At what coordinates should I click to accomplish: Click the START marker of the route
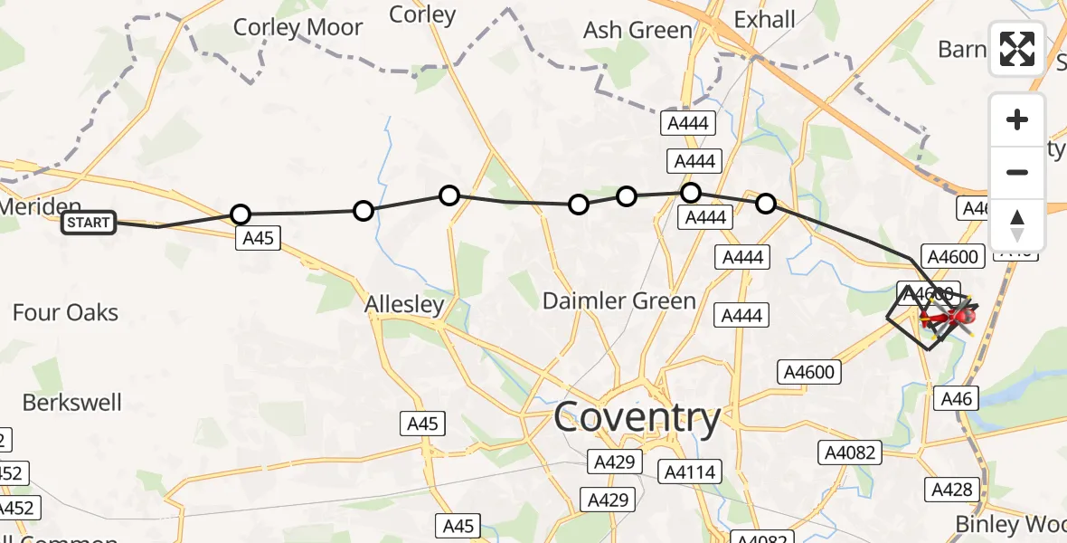89,223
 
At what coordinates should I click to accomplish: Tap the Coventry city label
637,417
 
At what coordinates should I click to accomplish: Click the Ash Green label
637,30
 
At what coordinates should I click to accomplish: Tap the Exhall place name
765,19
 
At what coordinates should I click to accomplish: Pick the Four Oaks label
65,313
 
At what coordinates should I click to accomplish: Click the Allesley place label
404,305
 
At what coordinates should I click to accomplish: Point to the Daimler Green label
618,300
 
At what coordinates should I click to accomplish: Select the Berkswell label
72,402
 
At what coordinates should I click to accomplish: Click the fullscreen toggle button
1017,49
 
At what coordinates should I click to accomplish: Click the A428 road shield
954,490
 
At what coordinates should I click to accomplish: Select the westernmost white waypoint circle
241,214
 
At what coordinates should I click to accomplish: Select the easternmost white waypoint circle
766,204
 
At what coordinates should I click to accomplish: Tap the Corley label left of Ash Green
422,14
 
